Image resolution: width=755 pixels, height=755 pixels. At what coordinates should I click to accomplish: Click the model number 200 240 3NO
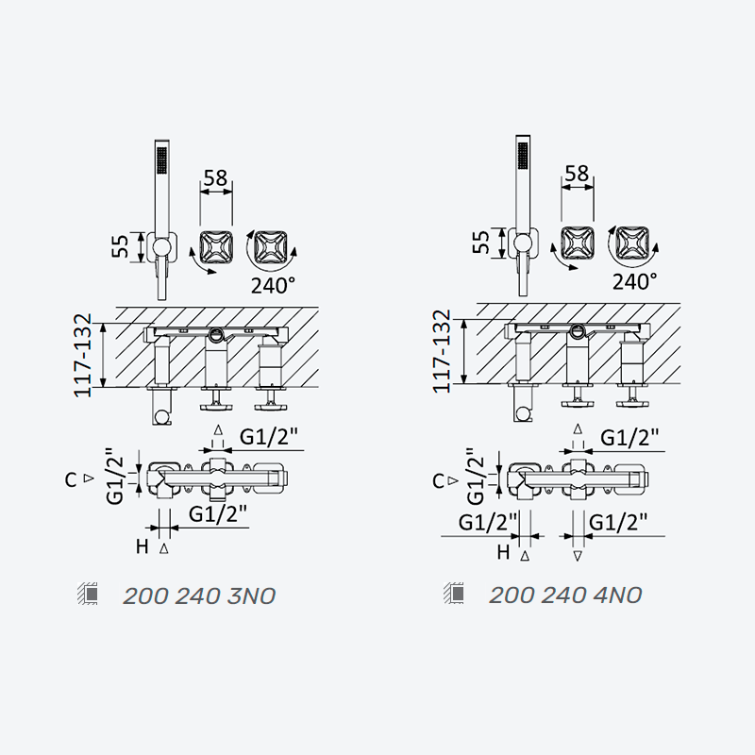199,596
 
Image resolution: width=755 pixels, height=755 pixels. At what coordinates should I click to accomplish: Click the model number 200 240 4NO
565,596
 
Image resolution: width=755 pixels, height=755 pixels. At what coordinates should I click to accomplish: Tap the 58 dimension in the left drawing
215,177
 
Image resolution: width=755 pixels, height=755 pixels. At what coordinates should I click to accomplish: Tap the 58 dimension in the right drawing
577,174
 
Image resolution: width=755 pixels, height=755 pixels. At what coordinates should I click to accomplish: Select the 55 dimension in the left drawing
120,246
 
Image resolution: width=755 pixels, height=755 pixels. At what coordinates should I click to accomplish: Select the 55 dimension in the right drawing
481,242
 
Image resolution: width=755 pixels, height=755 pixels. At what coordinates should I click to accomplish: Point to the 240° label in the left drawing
273,286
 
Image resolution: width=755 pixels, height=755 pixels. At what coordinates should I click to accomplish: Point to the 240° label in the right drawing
634,281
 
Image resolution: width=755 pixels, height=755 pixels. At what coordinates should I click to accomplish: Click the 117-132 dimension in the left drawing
82,356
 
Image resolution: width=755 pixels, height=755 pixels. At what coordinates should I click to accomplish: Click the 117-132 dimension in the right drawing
442,351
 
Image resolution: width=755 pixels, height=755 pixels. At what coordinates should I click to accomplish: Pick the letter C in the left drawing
71,480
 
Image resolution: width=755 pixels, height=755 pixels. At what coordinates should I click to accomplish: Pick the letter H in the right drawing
503,552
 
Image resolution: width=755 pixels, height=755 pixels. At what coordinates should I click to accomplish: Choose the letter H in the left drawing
143,546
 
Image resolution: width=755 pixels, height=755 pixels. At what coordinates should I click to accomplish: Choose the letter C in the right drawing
438,481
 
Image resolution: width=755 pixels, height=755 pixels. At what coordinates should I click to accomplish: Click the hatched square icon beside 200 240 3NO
88,594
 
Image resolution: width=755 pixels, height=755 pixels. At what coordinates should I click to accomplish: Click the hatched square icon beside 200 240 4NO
454,593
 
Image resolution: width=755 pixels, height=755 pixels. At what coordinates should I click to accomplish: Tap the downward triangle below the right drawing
578,557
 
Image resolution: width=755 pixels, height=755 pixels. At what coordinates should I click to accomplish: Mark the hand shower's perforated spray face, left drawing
161,160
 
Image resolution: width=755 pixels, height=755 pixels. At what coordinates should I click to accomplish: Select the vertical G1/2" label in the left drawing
115,477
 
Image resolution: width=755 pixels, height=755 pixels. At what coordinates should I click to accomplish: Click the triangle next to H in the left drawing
163,548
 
